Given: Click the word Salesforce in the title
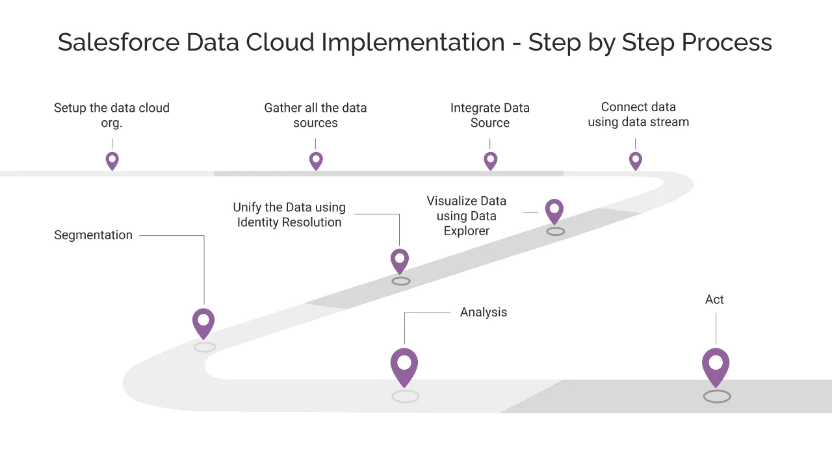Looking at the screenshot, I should (118, 42).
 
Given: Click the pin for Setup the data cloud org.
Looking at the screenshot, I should (112, 160).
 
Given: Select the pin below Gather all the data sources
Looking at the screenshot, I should (316, 160).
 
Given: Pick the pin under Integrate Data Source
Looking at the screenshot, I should (491, 160).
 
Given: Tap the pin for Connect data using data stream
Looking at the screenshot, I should (636, 160).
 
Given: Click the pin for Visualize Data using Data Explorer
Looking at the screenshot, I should (554, 211).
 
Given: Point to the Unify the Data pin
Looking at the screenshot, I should (400, 261).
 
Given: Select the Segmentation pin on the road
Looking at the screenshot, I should (203, 322).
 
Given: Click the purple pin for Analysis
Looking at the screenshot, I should (404, 366).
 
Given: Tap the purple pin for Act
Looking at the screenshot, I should (716, 366).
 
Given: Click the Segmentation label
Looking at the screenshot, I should (93, 235).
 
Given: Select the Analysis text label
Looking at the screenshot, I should (483, 313).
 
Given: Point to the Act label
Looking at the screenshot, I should (714, 300).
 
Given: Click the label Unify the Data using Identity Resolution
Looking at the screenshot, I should (289, 215).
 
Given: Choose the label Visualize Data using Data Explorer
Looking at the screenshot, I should (466, 216).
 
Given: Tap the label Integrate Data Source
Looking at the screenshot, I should (490, 115).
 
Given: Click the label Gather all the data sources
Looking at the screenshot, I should (315, 115).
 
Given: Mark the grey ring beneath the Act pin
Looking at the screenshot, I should (717, 396).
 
